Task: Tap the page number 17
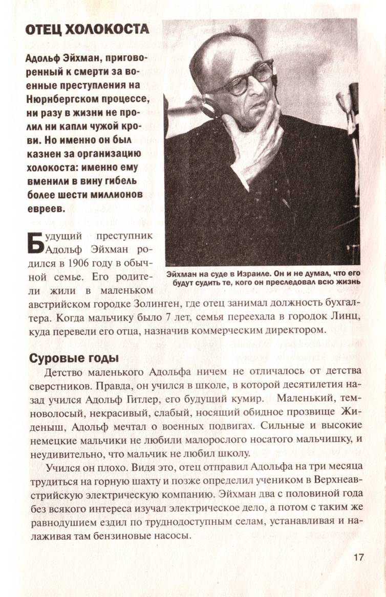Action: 358,557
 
